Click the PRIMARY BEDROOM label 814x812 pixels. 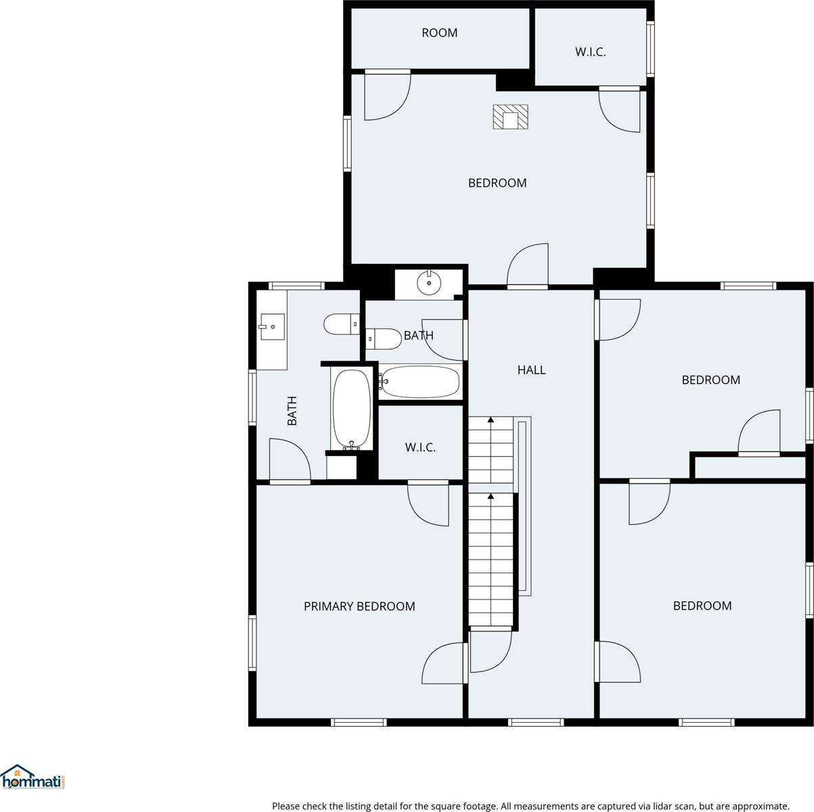pyautogui.click(x=359, y=606)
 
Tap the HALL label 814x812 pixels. pyautogui.click(x=531, y=369)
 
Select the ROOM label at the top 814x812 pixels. pyautogui.click(x=439, y=32)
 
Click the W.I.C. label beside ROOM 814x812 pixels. pyautogui.click(x=590, y=51)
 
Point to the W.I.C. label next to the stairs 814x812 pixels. pyautogui.click(x=420, y=447)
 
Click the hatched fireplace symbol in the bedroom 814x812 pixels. pyautogui.click(x=510, y=116)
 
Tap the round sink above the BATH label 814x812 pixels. pyautogui.click(x=429, y=283)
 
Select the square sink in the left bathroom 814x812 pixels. pyautogui.click(x=271, y=327)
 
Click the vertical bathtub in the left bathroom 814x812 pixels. pyautogui.click(x=351, y=409)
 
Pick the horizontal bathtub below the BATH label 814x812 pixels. pyautogui.click(x=420, y=382)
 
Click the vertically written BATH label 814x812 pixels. pyautogui.click(x=292, y=411)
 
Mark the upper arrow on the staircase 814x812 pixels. pyautogui.click(x=491, y=422)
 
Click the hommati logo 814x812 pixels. pyautogui.click(x=34, y=778)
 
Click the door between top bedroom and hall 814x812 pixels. pyautogui.click(x=528, y=266)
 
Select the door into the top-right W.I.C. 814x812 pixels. pyautogui.click(x=619, y=108)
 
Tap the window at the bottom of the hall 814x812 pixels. pyautogui.click(x=535, y=722)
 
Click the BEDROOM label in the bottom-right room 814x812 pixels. pyautogui.click(x=702, y=606)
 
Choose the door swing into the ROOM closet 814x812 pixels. pyautogui.click(x=387, y=95)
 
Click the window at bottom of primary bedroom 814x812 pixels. pyautogui.click(x=359, y=722)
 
